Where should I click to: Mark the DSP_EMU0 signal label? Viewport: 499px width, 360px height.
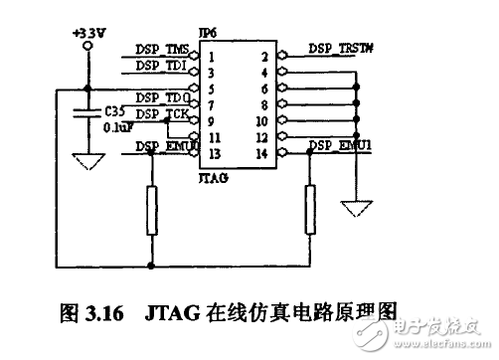[163, 146]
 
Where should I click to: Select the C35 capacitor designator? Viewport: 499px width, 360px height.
[114, 112]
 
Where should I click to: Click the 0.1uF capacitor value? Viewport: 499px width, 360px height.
[116, 128]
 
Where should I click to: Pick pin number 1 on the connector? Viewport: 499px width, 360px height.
[212, 57]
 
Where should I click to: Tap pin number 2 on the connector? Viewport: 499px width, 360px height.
[263, 57]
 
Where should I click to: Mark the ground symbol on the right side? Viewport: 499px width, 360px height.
[355, 209]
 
